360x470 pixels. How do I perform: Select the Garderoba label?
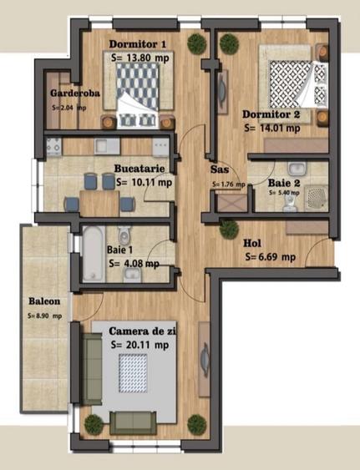click(75, 93)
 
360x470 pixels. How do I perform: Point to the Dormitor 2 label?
click(271, 114)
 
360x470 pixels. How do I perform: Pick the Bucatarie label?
click(144, 167)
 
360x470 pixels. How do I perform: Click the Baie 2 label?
click(286, 180)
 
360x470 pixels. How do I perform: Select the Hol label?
click(251, 244)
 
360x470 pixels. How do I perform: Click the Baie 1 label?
click(123, 249)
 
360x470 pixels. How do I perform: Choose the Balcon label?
click(43, 301)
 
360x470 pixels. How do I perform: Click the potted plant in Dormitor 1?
click(195, 41)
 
